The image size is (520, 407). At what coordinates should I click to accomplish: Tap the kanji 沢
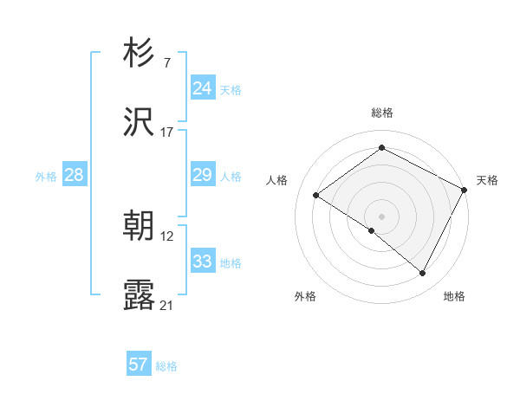(140, 125)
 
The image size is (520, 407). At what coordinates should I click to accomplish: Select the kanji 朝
(140, 226)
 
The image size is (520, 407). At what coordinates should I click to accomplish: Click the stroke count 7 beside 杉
(166, 62)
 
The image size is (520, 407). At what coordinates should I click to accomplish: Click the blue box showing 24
(203, 87)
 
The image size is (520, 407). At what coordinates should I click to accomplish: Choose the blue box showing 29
(203, 175)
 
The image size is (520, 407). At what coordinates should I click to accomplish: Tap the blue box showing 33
(203, 261)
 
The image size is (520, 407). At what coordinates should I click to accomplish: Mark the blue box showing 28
(75, 175)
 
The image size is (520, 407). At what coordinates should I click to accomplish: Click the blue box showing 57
(139, 365)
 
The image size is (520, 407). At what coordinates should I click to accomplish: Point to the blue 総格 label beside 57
(166, 366)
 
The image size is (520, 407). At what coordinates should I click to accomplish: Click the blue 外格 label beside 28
(46, 177)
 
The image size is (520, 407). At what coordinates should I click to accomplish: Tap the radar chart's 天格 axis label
(487, 180)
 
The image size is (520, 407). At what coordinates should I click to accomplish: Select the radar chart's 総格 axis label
(382, 113)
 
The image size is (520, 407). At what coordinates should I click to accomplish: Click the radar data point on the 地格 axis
(423, 274)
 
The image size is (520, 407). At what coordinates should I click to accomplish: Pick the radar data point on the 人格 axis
(316, 196)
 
